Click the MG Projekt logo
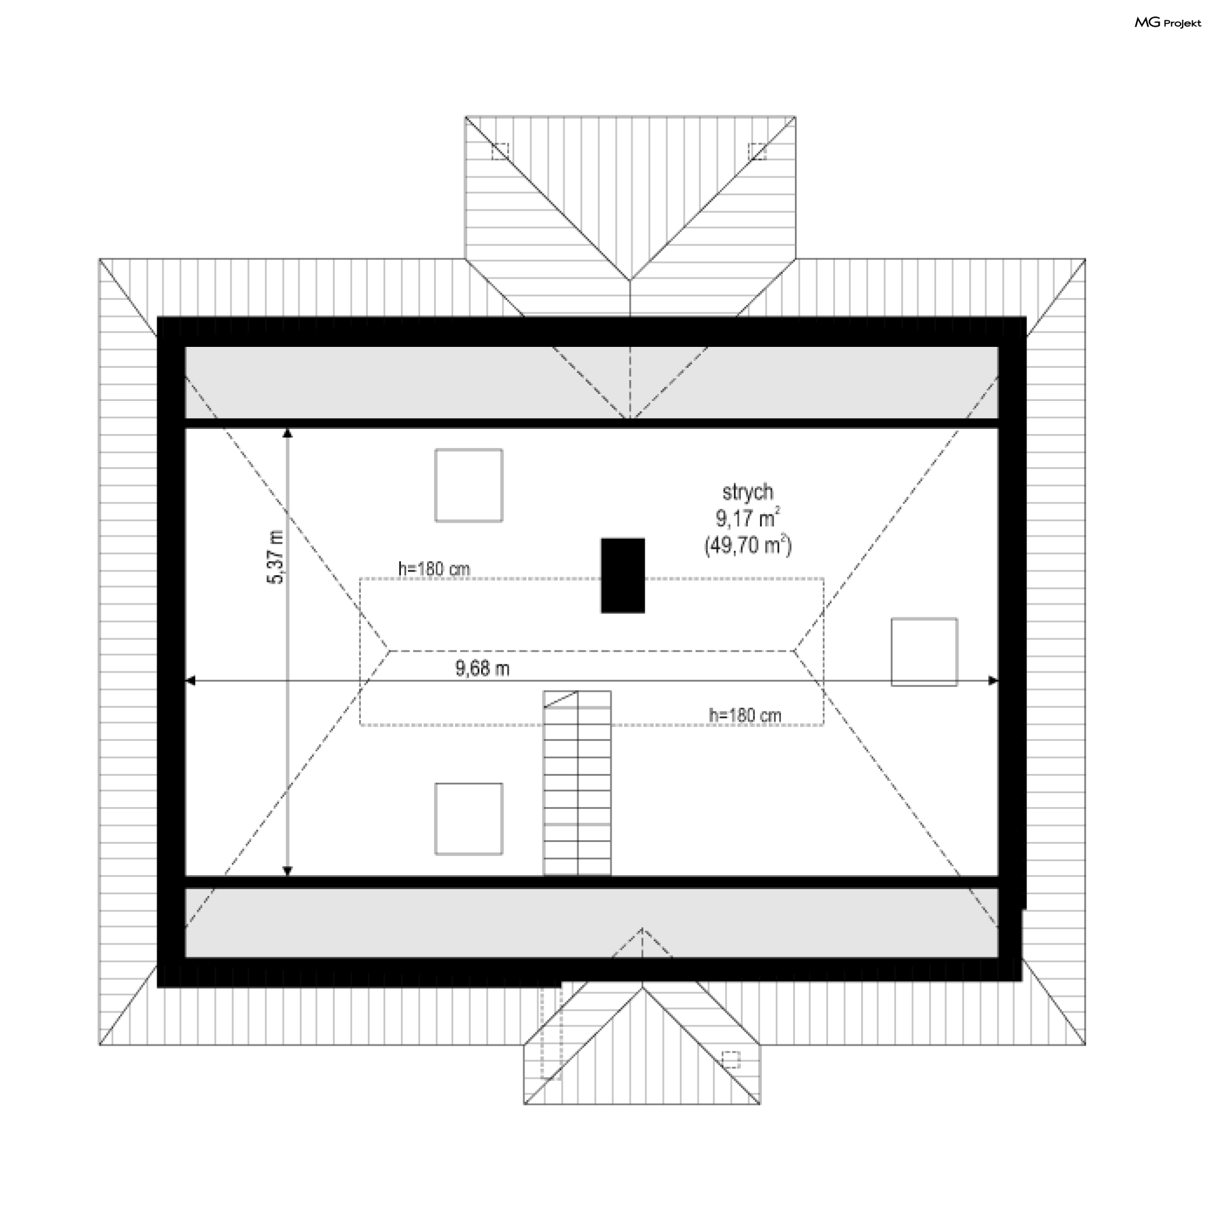1167,23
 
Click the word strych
748,492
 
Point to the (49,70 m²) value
748,545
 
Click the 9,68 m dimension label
482,668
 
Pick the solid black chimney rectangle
622,575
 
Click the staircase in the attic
577,783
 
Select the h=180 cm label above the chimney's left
434,568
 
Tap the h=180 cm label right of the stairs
745,715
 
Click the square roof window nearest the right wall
924,652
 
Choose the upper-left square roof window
468,485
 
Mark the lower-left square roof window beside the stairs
468,818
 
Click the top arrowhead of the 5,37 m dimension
288,433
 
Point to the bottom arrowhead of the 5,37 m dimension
288,871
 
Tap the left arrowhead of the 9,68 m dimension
190,681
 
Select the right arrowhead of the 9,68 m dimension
993,681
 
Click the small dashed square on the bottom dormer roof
731,1059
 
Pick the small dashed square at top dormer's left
500,151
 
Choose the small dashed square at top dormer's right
757,151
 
